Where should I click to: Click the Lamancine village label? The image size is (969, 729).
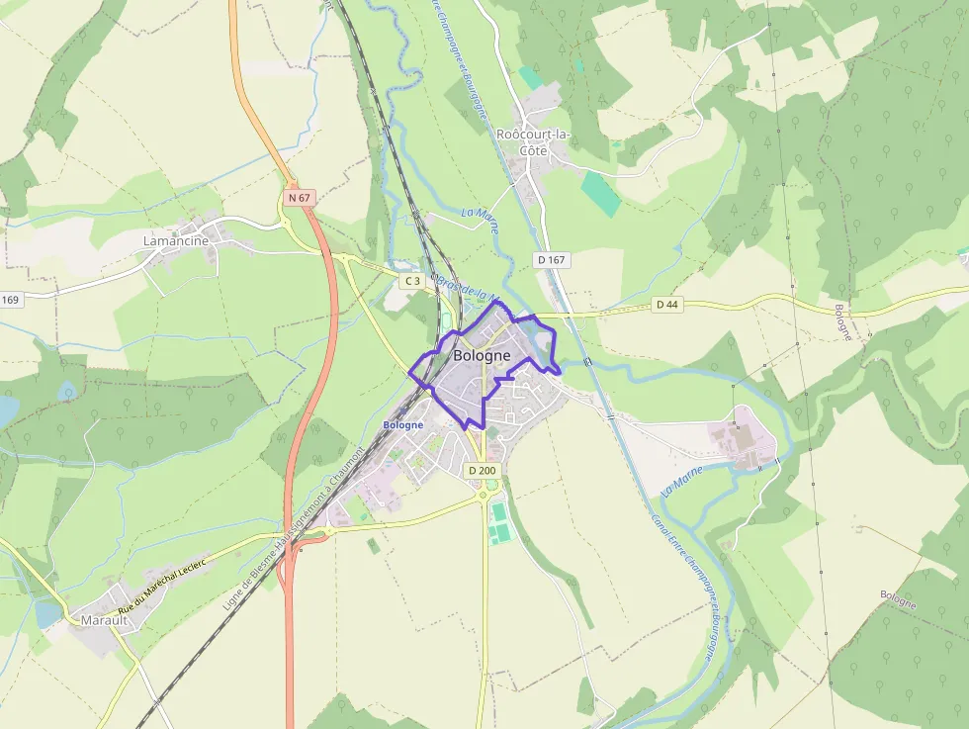[x=176, y=240]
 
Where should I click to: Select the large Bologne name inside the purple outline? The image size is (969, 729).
[x=482, y=355]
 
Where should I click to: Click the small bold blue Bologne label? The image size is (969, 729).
[x=402, y=424]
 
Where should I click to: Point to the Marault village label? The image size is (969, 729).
[x=99, y=620]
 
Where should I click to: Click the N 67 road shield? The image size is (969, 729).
[x=300, y=198]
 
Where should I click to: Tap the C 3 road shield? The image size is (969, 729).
[x=411, y=281]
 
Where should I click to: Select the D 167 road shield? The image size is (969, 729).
[x=552, y=259]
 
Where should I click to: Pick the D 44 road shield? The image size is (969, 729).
[x=667, y=304]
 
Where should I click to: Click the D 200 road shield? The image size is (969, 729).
[x=482, y=470]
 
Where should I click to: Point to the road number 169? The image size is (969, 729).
[x=10, y=300]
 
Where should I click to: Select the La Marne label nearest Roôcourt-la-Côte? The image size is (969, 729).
[x=480, y=219]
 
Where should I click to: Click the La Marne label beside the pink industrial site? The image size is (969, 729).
[x=681, y=480]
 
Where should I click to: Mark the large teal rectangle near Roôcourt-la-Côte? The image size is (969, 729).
[x=600, y=192]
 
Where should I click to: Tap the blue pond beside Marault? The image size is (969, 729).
[x=47, y=614]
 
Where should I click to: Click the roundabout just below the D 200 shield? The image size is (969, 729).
[x=486, y=486]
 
